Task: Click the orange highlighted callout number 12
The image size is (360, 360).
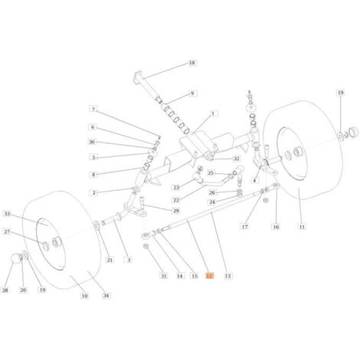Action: click(210, 276)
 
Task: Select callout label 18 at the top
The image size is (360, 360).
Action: click(191, 63)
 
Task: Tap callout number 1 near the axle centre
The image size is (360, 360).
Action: click(213, 113)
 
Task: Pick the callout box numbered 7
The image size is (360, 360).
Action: click(93, 110)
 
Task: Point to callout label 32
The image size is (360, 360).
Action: click(237, 159)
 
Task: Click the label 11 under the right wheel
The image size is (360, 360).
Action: click(302, 227)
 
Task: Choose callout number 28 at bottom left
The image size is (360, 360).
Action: click(5, 290)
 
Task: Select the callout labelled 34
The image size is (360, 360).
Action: click(106, 296)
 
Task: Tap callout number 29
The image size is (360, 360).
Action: click(176, 211)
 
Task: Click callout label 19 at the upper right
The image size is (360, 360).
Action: click(341, 93)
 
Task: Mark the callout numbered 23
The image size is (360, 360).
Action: click(176, 188)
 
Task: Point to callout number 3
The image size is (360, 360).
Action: click(129, 260)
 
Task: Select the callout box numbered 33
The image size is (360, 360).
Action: click(7, 214)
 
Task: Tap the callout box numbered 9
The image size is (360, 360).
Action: click(192, 93)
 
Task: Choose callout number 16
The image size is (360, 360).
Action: click(276, 227)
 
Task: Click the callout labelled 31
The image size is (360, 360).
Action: click(164, 276)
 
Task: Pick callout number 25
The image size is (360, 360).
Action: click(211, 173)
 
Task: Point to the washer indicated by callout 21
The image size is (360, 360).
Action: click(97, 225)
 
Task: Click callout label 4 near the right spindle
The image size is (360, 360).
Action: click(254, 181)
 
